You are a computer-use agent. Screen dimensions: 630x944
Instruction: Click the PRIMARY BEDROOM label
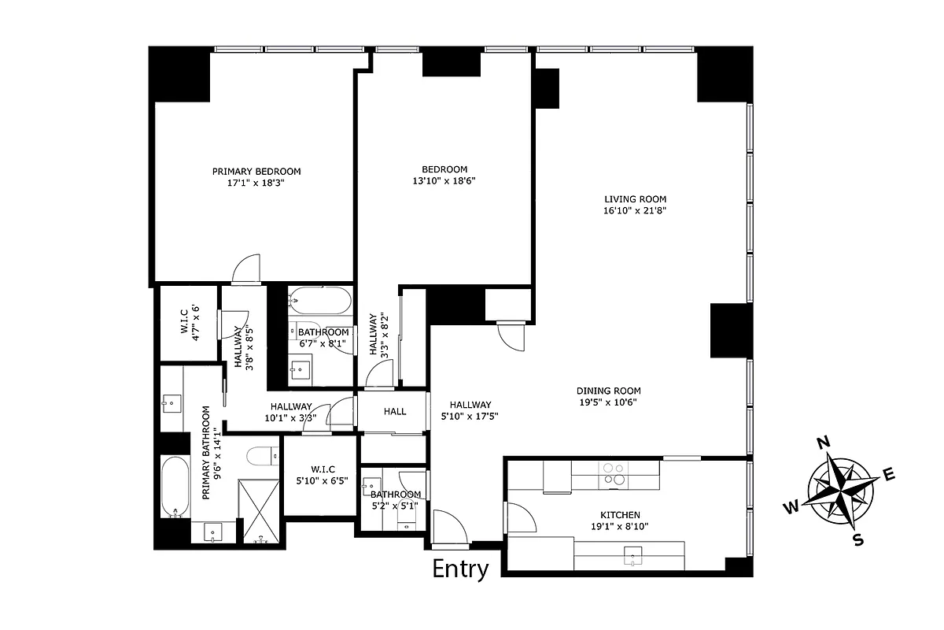coord(256,171)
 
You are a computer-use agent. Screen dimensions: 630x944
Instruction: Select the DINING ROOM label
coord(608,391)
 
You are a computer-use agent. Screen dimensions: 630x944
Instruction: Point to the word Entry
coord(461,569)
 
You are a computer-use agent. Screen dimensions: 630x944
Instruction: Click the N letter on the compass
coord(824,443)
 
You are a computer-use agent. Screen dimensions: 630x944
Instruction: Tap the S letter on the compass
coord(858,539)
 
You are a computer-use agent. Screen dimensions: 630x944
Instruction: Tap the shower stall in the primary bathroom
coord(260,510)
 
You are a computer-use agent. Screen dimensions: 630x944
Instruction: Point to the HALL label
coord(395,411)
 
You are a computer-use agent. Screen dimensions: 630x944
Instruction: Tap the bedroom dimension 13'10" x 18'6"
coord(444,180)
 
